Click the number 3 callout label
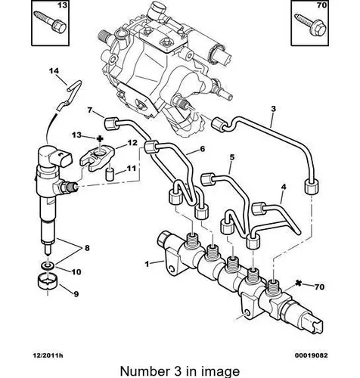pos(274,109)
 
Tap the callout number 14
pos(54,71)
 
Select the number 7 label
pos(89,110)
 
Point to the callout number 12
pos(132,143)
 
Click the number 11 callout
pos(131,168)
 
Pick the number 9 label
pos(76,294)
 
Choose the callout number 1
pos(147,264)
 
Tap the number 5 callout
pos(232,157)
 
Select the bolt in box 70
pos(310,26)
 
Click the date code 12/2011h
pos(48,355)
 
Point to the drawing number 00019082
pos(312,355)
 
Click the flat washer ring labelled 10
pos(48,265)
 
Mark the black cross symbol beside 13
pos(100,138)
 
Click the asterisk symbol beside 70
pos(299,283)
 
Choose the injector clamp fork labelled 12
pos(97,158)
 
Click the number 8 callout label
pos(87,248)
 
